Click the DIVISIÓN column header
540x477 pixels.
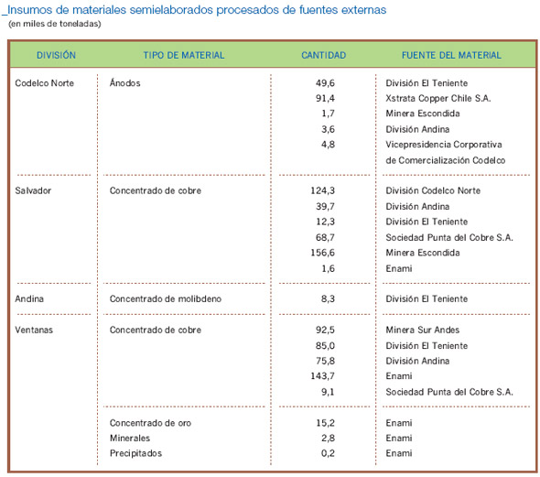(x=56, y=55)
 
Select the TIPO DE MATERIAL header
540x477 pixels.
(x=184, y=55)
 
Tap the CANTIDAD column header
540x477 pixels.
(x=324, y=55)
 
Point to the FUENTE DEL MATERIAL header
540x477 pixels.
(x=451, y=55)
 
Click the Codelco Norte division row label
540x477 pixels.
(x=45, y=83)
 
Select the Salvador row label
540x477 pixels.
(x=33, y=190)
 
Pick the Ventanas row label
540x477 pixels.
(x=34, y=330)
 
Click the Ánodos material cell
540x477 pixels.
(x=125, y=82)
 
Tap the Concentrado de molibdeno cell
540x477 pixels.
(x=166, y=298)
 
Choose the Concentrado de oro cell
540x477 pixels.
(x=150, y=423)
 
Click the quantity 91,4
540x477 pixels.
(x=325, y=99)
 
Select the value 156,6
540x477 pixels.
(x=323, y=253)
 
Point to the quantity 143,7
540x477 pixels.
(x=323, y=376)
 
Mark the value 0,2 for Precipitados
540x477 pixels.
(x=328, y=453)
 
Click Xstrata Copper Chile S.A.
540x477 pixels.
(x=438, y=99)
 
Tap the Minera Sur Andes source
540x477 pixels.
(x=423, y=330)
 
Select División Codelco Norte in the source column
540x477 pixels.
(x=433, y=190)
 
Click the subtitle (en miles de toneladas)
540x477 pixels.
(x=55, y=24)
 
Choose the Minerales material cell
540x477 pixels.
(x=130, y=438)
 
